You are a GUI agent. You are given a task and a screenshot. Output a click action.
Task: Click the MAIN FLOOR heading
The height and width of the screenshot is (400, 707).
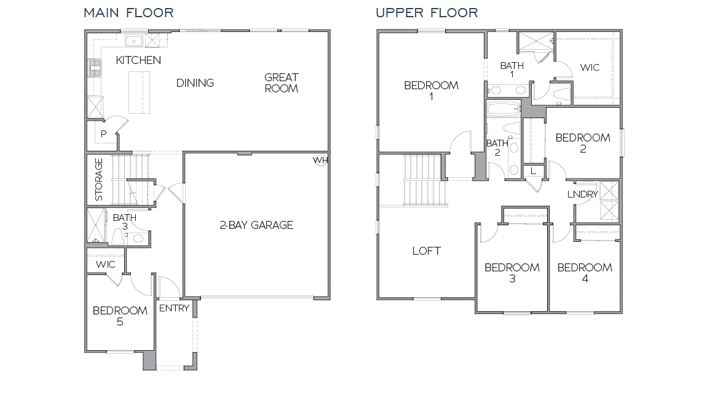point(128,12)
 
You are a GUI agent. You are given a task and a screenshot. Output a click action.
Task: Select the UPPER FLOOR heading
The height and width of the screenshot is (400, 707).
point(427,12)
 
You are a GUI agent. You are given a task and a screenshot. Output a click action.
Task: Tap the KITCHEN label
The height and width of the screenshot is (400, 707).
point(138,60)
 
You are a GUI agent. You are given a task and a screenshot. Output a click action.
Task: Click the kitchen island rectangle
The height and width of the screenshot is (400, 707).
point(139,89)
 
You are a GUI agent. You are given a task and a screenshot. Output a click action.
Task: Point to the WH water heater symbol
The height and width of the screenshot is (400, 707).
point(320,159)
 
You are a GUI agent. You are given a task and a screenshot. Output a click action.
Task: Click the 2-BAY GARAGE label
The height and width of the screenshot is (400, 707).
point(256,225)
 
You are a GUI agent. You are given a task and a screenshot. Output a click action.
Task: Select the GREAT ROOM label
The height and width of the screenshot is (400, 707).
point(282,83)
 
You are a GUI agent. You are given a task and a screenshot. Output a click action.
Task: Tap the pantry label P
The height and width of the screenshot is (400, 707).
point(103,134)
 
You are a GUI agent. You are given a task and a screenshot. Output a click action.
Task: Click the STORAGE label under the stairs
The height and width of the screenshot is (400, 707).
point(99,180)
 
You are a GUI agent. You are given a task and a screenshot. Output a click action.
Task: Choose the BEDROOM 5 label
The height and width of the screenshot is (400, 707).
point(120,316)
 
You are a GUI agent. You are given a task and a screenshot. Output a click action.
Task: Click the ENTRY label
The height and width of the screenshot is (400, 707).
point(174,308)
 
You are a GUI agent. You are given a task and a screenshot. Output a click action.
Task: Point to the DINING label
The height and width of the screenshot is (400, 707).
point(195,83)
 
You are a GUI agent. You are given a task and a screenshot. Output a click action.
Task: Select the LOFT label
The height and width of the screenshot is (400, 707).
point(427,251)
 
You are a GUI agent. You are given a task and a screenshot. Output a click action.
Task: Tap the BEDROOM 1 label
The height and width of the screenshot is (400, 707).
point(431,91)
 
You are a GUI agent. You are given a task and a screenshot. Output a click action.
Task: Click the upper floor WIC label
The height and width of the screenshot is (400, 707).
point(590,68)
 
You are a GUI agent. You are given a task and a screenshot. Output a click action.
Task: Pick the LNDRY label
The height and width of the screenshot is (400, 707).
point(582,194)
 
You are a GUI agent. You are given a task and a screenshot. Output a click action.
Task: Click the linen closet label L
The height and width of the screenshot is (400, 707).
point(533,171)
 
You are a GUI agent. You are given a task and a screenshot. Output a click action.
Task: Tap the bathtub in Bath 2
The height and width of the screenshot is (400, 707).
point(503,110)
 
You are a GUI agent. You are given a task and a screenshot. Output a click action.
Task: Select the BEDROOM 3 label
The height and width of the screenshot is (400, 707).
point(511,273)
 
